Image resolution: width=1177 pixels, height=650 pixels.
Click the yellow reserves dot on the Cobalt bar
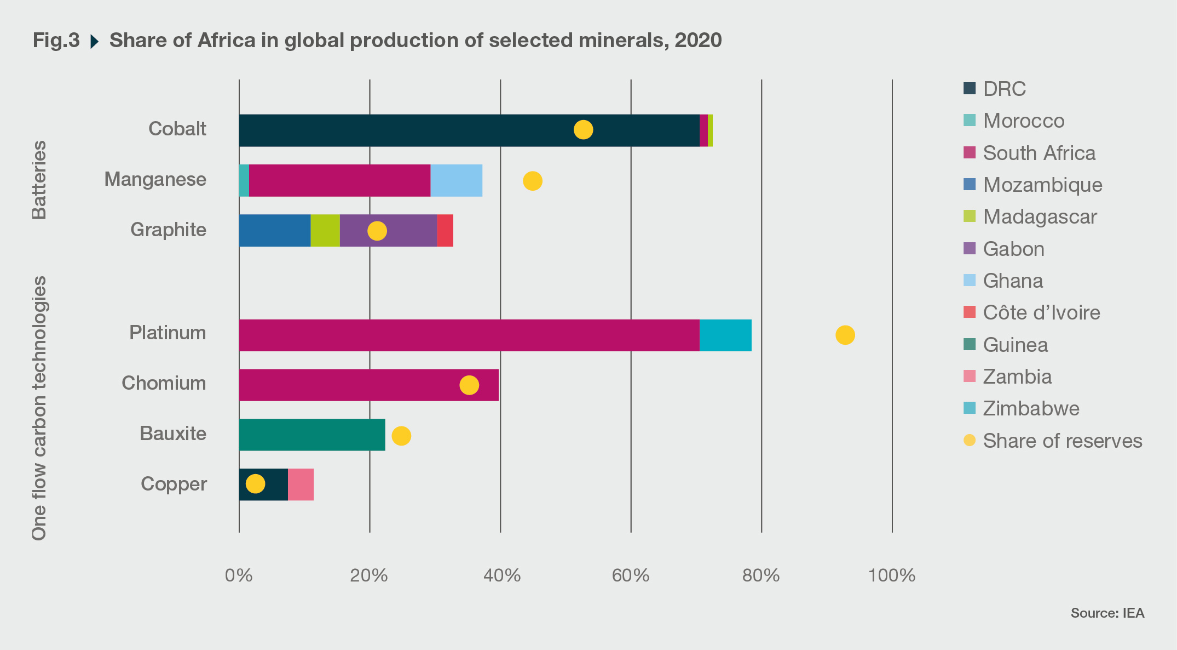coord(583,130)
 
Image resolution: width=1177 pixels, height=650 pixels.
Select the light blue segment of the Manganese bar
coord(456,180)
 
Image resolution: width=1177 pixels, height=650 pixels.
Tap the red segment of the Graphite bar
coord(445,231)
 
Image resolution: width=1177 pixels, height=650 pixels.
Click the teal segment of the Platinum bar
coord(725,335)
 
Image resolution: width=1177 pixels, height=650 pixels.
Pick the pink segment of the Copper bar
coord(301,484)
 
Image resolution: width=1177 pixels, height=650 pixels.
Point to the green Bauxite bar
coord(312,435)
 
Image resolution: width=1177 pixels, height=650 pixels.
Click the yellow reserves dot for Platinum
coord(845,335)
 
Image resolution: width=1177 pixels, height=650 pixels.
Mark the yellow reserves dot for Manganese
coord(532,180)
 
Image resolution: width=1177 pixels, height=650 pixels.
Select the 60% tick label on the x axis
coord(631,575)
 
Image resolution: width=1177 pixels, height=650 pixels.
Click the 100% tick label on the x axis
coord(892,575)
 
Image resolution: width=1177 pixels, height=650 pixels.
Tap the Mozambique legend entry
coord(1042,185)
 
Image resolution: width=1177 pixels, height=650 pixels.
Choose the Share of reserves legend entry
coord(1062,441)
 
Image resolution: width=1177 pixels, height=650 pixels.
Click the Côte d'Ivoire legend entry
coord(1041,312)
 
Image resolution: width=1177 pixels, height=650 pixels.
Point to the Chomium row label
coord(164,383)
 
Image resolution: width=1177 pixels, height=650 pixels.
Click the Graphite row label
coord(168,230)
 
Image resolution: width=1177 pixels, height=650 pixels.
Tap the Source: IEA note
coord(1107,613)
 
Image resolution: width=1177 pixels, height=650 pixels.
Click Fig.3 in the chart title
coord(56,41)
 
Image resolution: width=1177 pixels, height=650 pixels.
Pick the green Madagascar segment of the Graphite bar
coord(325,231)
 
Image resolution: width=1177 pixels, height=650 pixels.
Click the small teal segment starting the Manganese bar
coord(244,180)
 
